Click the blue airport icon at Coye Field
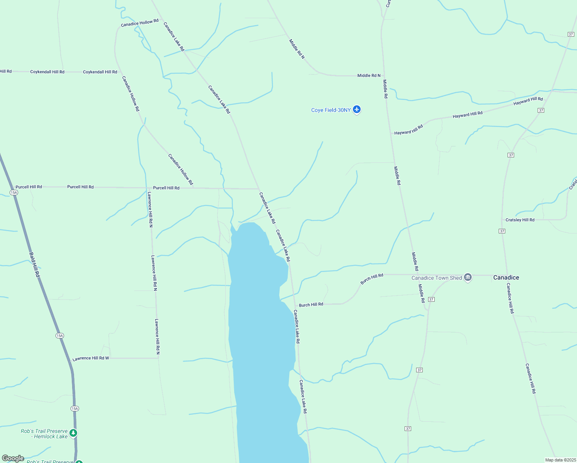click(357, 110)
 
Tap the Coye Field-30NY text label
click(331, 110)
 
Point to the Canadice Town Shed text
click(436, 278)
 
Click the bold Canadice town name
click(506, 277)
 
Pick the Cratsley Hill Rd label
click(520, 220)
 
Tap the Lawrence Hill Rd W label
click(91, 358)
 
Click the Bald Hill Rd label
click(34, 265)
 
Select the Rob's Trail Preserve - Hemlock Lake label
click(44, 434)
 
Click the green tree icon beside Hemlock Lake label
click(73, 433)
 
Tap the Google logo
click(13, 458)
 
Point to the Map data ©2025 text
click(560, 460)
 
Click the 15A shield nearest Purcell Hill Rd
click(14, 192)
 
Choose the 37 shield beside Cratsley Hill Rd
click(502, 231)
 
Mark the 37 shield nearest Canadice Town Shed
click(431, 299)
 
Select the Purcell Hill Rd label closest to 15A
click(29, 187)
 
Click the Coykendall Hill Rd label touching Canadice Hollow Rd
click(100, 72)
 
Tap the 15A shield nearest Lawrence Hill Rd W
click(59, 336)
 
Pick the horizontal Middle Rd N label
click(369, 76)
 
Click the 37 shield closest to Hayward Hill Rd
click(541, 110)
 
